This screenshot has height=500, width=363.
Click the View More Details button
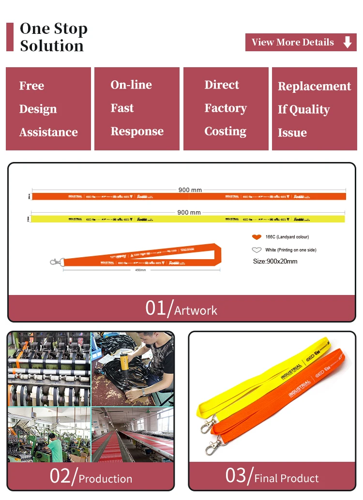(x=301, y=43)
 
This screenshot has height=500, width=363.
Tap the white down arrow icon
(x=347, y=43)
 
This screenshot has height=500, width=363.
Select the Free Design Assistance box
(x=48, y=109)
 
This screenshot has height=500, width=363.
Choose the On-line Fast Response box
(x=137, y=109)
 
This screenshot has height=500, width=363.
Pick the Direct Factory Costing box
(x=226, y=109)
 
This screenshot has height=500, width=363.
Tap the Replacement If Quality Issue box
(x=314, y=109)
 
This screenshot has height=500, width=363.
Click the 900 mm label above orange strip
(x=190, y=190)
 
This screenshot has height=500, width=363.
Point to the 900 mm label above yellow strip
(x=189, y=212)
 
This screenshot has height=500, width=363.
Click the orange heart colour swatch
(x=257, y=237)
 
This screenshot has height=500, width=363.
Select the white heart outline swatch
(x=257, y=250)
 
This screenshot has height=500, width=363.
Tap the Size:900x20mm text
(x=275, y=262)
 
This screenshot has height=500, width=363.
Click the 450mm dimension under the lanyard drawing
(x=140, y=270)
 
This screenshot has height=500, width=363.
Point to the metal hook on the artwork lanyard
(x=56, y=262)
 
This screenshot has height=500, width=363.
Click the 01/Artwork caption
(x=181, y=309)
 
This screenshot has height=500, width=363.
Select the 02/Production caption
(x=91, y=477)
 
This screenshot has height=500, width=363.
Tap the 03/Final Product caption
(x=272, y=477)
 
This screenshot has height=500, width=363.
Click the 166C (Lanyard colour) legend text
(x=287, y=237)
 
